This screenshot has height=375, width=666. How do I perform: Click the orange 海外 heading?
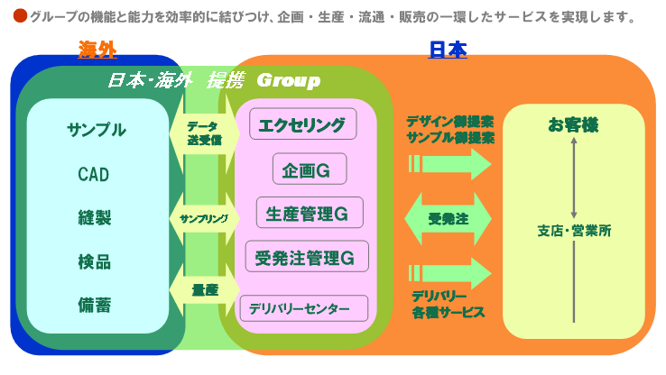pyautogui.click(x=97, y=50)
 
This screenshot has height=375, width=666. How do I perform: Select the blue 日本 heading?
pyautogui.click(x=447, y=50)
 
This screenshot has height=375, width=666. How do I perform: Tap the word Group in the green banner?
pyautogui.click(x=289, y=81)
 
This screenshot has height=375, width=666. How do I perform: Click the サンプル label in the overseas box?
pyautogui.click(x=97, y=129)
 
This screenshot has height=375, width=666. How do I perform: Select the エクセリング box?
pyautogui.click(x=302, y=123)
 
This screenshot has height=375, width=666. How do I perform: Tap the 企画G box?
pyautogui.click(x=310, y=169)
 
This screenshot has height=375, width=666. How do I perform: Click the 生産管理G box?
pyautogui.click(x=310, y=213)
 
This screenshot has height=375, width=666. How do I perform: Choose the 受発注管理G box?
pyautogui.click(x=308, y=256)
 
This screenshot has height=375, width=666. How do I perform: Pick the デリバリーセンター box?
pyautogui.click(x=304, y=308)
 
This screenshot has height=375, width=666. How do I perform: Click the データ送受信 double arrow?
pyautogui.click(x=203, y=133)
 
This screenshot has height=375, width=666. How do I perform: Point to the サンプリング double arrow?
pyautogui.click(x=203, y=218)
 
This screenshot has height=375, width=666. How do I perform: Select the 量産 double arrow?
pyautogui.click(x=203, y=289)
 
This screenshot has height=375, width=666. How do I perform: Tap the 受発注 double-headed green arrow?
pyautogui.click(x=448, y=218)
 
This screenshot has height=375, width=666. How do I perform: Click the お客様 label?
pyautogui.click(x=573, y=125)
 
